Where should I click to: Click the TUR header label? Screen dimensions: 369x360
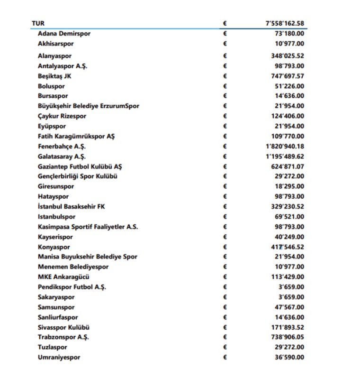[38, 23]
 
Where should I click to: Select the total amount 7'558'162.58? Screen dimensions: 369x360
[285, 23]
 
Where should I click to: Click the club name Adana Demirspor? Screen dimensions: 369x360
[64, 34]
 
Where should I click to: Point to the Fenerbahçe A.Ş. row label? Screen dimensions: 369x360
[62, 147]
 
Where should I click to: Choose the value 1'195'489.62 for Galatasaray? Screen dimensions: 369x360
[285, 157]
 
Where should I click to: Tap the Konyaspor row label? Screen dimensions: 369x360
[54, 247]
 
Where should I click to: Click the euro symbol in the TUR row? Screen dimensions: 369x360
[225, 23]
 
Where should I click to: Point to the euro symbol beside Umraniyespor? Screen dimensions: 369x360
[225, 358]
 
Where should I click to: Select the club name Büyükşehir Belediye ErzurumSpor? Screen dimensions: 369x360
[89, 106]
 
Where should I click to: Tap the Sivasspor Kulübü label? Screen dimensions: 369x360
[64, 327]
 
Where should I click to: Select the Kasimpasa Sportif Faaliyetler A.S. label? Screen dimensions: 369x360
[88, 227]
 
